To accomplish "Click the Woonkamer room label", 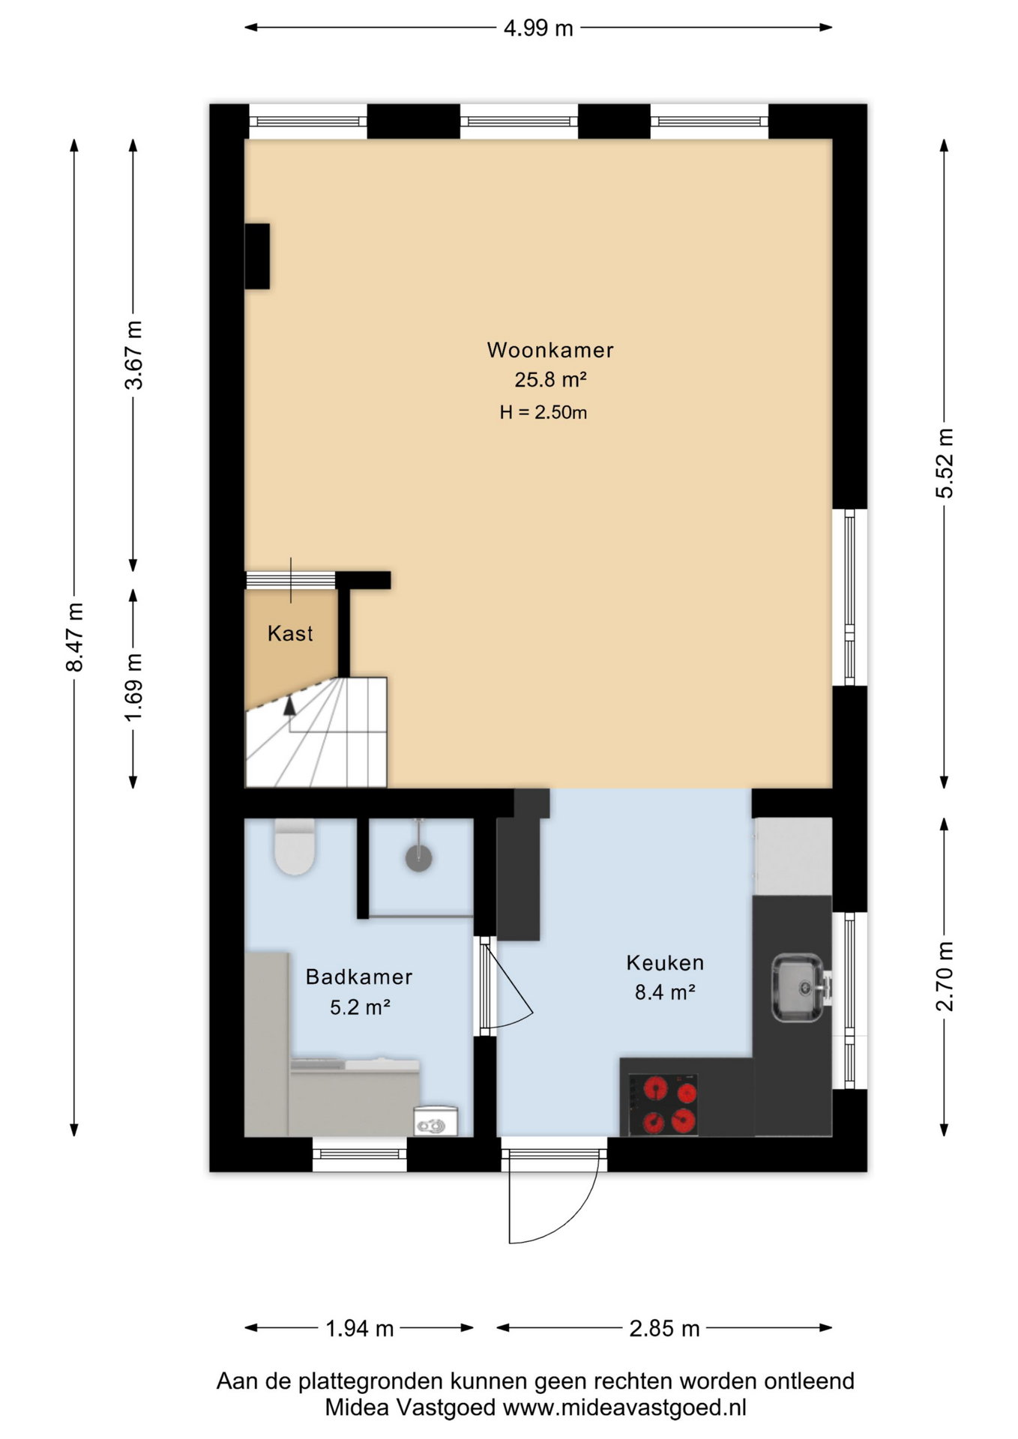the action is (550, 350).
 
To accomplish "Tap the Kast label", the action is (290, 633).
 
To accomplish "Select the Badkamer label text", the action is (359, 977).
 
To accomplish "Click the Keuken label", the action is (665, 962).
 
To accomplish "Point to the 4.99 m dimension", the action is (538, 28).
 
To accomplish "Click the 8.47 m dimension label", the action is (74, 636).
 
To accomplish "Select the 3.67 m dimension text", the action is (134, 355).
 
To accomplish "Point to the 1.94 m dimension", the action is (359, 1329).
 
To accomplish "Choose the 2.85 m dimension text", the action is (664, 1329).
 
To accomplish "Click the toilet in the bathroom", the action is (294, 847).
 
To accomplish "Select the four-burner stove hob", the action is (663, 1104).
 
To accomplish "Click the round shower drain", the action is (419, 858).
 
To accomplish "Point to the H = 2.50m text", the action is (543, 412).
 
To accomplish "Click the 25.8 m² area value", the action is (550, 380).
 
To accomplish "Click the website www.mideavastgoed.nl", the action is (624, 1407).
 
